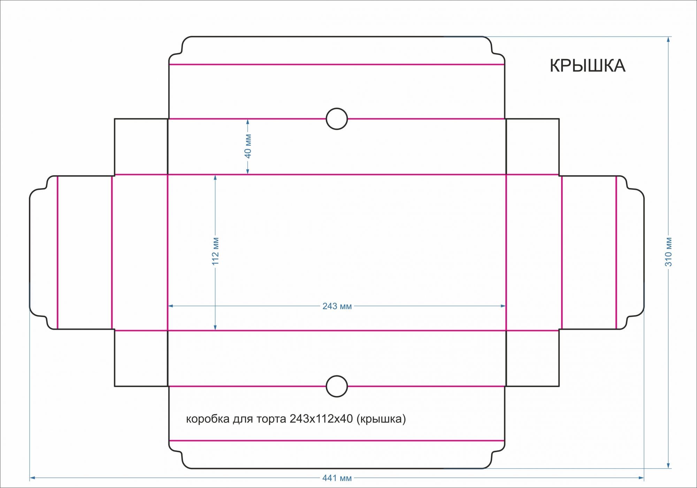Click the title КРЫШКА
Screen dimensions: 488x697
pos(588,66)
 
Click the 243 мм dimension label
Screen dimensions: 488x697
pos(337,306)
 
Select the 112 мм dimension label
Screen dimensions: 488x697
pos(215,251)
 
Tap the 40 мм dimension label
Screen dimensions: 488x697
pos(248,146)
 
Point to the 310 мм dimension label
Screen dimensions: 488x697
pos(668,252)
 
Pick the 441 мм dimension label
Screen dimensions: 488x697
pos(337,478)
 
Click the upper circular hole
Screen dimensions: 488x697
pos(337,119)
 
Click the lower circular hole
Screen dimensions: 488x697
pos(337,386)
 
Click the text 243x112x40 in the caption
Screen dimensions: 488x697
pos(321,419)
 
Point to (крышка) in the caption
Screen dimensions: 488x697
pos(381,419)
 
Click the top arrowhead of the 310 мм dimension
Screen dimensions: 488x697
pos(668,39)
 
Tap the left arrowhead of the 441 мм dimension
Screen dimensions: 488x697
pos(32,478)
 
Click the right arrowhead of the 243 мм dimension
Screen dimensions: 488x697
pos(503,306)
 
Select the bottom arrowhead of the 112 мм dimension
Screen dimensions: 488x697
pos(215,327)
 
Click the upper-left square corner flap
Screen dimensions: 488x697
pos(141,147)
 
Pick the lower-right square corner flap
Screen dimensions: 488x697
pos(533,358)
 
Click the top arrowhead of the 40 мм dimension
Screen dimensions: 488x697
pos(248,122)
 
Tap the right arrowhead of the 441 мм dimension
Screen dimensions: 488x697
pos(641,478)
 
